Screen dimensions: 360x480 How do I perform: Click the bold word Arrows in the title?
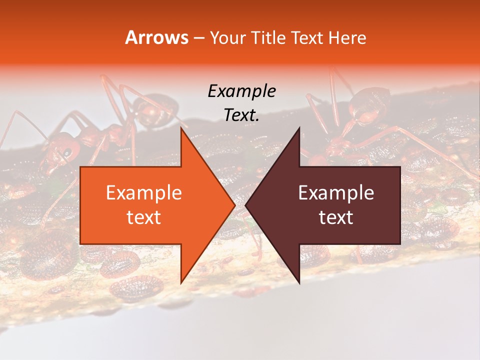tap(156, 37)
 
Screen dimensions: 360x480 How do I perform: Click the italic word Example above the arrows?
tap(241, 91)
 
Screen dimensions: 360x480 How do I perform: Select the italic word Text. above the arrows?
tap(241, 115)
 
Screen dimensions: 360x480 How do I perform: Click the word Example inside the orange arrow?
tap(143, 193)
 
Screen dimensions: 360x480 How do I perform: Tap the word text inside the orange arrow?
tap(143, 217)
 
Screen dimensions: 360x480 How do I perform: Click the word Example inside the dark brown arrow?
tap(336, 193)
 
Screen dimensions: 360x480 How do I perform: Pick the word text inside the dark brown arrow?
tap(336, 217)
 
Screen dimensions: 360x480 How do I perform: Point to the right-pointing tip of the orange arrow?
tap(234, 205)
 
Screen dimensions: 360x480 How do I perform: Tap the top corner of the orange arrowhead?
tap(181, 128)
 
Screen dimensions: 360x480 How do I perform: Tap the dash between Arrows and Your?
tap(198, 38)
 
